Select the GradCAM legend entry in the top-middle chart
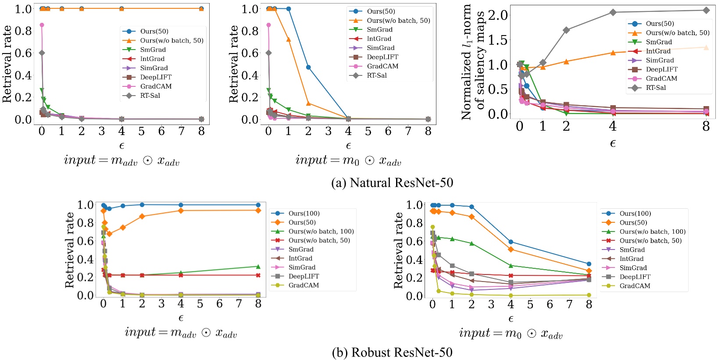click(x=382, y=66)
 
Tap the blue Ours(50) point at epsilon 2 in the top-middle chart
click(x=308, y=67)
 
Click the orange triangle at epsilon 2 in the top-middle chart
click(x=308, y=103)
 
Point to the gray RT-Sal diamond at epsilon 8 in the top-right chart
click(x=706, y=10)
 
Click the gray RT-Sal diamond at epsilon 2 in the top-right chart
click(x=566, y=30)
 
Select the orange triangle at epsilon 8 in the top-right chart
click(x=706, y=47)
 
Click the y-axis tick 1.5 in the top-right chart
click(x=497, y=40)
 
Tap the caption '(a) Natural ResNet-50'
click(x=392, y=183)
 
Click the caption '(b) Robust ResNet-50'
click(x=392, y=353)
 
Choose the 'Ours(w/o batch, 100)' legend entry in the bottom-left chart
click(x=321, y=232)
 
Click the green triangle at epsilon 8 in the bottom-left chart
click(x=258, y=266)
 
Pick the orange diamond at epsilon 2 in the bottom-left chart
click(x=142, y=216)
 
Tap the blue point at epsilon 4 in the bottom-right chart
click(x=511, y=242)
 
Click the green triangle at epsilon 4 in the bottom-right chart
click(x=511, y=266)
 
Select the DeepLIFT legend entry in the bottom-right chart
click(x=635, y=277)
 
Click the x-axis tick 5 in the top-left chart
click(x=141, y=131)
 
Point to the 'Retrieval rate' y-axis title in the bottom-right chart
click(x=398, y=250)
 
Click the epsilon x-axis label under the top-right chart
click(x=613, y=144)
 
